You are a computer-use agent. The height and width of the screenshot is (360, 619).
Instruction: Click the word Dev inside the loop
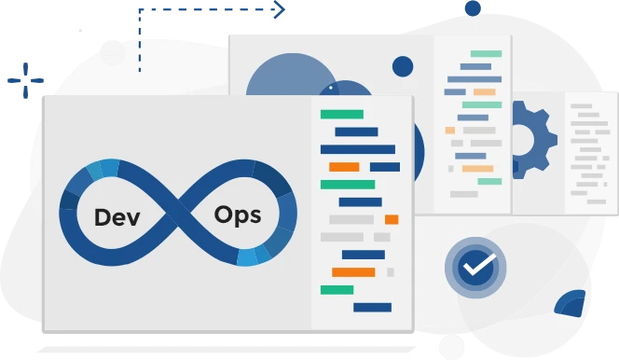[x=117, y=217]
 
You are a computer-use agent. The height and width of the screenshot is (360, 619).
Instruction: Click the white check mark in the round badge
[x=476, y=267]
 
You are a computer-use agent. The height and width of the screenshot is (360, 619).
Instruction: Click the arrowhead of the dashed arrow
[x=279, y=10]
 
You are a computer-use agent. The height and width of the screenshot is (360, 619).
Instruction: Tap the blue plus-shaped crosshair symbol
[x=25, y=82]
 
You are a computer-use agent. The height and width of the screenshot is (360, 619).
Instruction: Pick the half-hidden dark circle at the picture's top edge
[x=473, y=7]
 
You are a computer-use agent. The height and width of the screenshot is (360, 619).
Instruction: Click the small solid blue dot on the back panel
[x=403, y=66]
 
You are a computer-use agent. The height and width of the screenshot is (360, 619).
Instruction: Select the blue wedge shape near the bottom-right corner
[x=572, y=302]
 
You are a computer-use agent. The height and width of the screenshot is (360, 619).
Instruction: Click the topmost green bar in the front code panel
[x=341, y=114]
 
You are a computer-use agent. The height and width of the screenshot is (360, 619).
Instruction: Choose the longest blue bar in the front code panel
[x=358, y=149]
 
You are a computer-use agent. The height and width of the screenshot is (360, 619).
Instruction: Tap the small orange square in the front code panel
[x=392, y=219]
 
